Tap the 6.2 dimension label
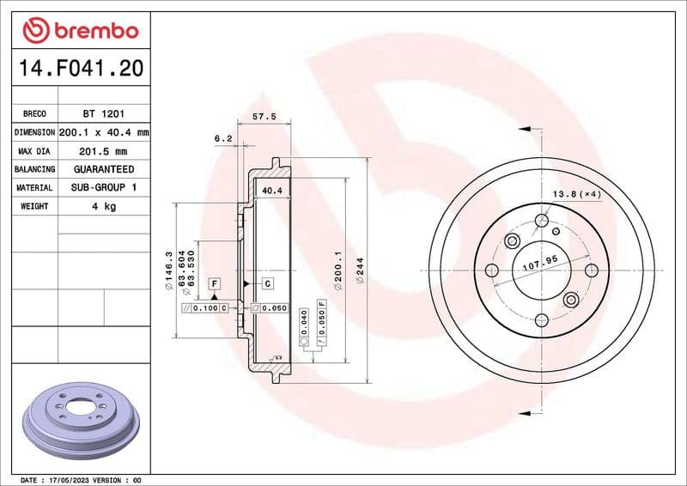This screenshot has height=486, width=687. click(223, 137)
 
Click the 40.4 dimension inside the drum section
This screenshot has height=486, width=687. click(272, 190)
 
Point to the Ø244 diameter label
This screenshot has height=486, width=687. click(361, 270)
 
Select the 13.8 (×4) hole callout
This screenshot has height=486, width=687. click(576, 194)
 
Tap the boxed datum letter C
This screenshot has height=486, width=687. click(267, 283)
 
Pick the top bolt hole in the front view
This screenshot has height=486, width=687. click(541, 221)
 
